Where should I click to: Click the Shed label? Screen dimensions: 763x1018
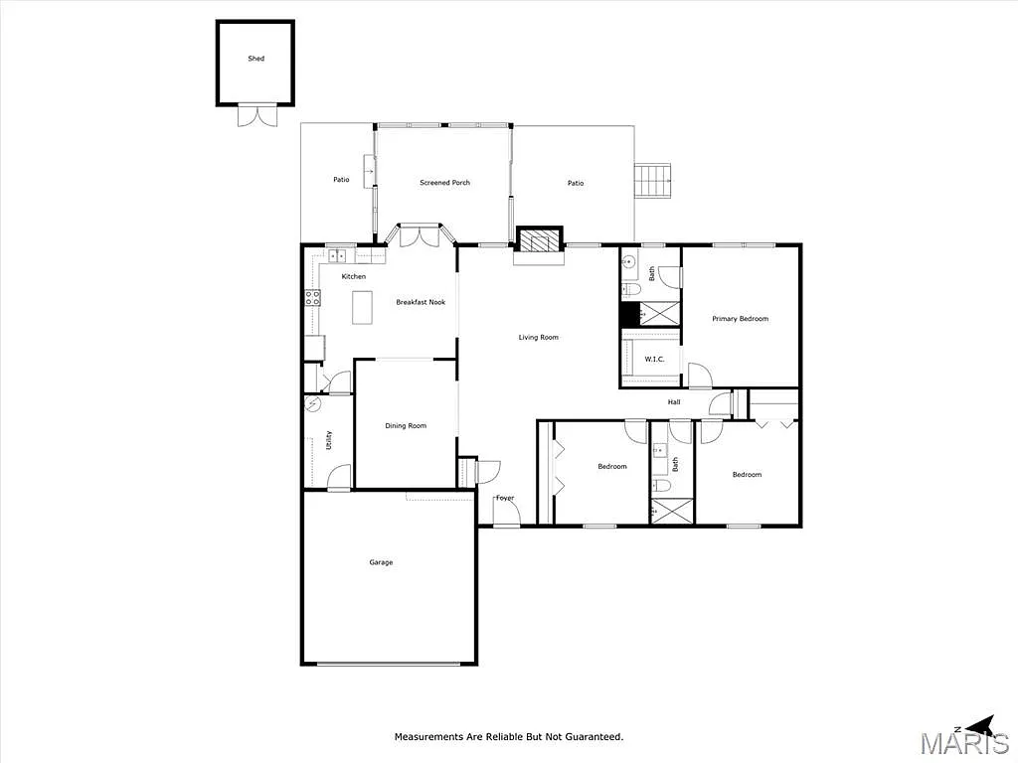pos(255,60)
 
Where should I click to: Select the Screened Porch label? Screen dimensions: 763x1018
pos(444,183)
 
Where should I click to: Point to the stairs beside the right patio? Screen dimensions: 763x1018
pos(654,181)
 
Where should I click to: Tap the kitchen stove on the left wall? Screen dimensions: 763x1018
pos(312,296)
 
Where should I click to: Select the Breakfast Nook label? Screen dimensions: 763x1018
pos(420,302)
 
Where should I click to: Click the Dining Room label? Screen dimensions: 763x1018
pos(406,426)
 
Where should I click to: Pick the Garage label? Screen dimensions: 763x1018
pos(381,562)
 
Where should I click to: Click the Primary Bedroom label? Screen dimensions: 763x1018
pos(740,319)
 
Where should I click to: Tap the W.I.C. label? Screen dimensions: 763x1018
pos(654,359)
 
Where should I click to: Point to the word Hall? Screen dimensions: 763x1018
pos(673,402)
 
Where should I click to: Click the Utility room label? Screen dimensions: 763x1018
pos(329,440)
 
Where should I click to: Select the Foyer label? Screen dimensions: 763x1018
pos(505,498)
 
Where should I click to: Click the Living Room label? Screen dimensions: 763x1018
pos(538,338)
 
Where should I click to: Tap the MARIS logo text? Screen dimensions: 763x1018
pos(963,743)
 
